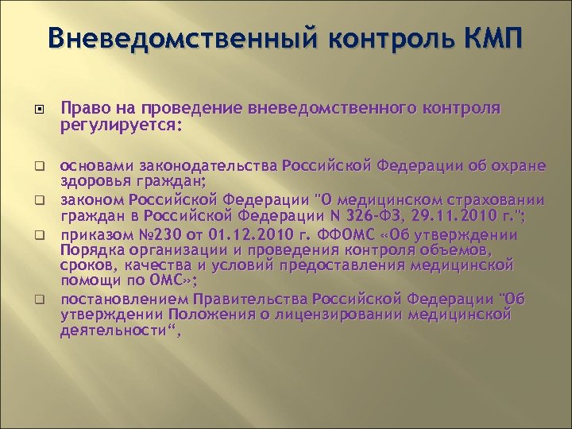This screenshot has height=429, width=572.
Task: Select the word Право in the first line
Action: [x=83, y=109]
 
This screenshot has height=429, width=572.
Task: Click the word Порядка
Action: [x=93, y=251]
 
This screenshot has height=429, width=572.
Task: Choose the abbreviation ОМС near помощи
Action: [x=164, y=280]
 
